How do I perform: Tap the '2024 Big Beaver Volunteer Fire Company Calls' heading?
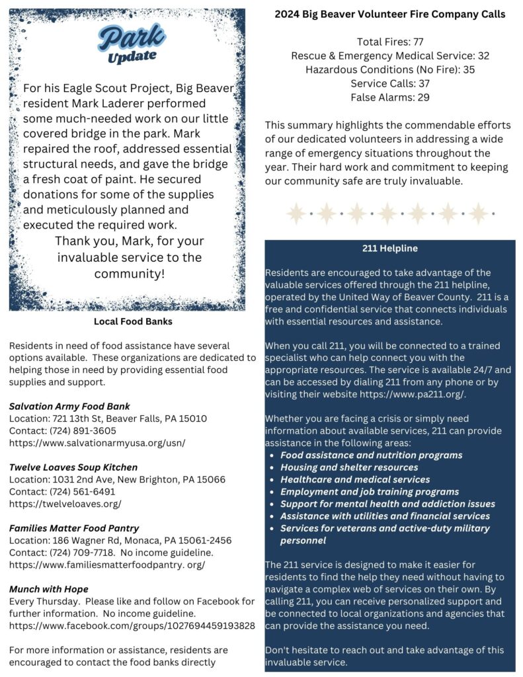pyautogui.click(x=390, y=14)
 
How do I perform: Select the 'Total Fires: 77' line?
pyautogui.click(x=390, y=42)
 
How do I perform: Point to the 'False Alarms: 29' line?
pyautogui.click(x=390, y=97)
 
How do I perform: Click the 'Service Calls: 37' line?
pyautogui.click(x=390, y=83)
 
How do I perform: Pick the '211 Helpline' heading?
pyautogui.click(x=389, y=249)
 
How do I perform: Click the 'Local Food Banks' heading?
pyautogui.click(x=133, y=322)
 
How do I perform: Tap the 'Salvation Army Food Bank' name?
pyautogui.click(x=69, y=406)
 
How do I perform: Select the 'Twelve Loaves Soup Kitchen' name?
pyautogui.click(x=73, y=467)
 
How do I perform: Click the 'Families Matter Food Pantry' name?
pyautogui.click(x=74, y=528)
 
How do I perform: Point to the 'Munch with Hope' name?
pyautogui.click(x=48, y=589)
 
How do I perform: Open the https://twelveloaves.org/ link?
pyautogui.click(x=65, y=504)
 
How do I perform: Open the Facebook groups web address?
pyautogui.click(x=132, y=625)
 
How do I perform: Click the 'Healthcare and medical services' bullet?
pyautogui.click(x=355, y=479)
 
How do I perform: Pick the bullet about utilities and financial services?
pyautogui.click(x=385, y=516)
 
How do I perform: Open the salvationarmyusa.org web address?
pyautogui.click(x=97, y=443)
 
